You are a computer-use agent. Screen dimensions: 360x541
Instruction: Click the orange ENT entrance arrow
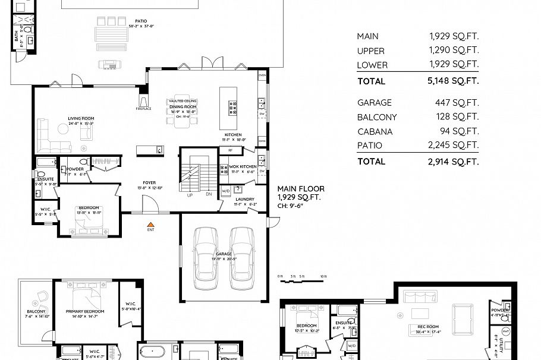pos(150,225)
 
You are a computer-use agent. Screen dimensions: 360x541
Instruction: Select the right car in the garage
pos(242,254)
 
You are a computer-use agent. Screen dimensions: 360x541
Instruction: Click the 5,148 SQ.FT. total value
pos(453,81)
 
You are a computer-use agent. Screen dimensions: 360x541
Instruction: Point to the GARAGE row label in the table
pos(374,103)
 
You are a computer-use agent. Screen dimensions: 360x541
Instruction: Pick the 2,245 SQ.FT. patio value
pos(453,146)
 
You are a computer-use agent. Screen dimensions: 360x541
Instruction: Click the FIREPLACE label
pos(143,109)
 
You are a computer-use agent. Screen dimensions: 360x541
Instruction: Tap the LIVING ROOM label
pos(81,119)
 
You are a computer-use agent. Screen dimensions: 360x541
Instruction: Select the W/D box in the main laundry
pos(226,191)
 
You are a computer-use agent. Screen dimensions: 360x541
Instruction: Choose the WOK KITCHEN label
pos(244,166)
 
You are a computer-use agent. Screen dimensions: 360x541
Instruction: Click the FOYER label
pos(149,183)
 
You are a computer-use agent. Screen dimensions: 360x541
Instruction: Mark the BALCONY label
pos(36,311)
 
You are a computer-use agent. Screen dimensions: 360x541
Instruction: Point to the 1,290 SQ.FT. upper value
pos(453,51)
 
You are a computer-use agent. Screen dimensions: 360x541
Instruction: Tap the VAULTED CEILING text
pos(183,101)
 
